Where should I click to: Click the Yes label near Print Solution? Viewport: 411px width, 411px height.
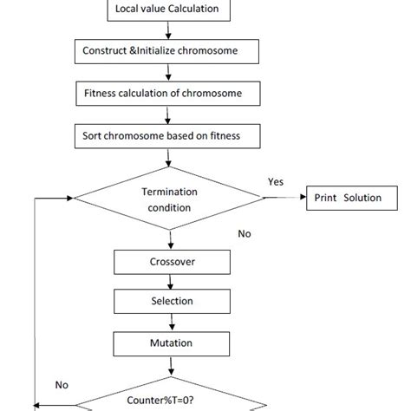pyautogui.click(x=276, y=182)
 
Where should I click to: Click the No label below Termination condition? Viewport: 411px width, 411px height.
pyautogui.click(x=245, y=234)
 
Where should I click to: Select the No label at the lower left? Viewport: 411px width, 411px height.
pyautogui.click(x=62, y=384)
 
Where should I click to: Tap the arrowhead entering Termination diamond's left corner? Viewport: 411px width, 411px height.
pyautogui.click(x=68, y=199)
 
